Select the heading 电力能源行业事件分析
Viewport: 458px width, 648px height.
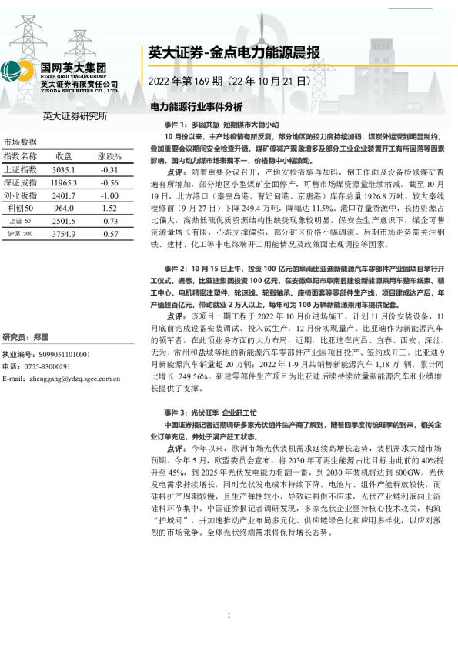[196, 106]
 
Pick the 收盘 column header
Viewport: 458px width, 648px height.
[64, 156]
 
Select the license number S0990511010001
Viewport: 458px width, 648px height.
[57, 355]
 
